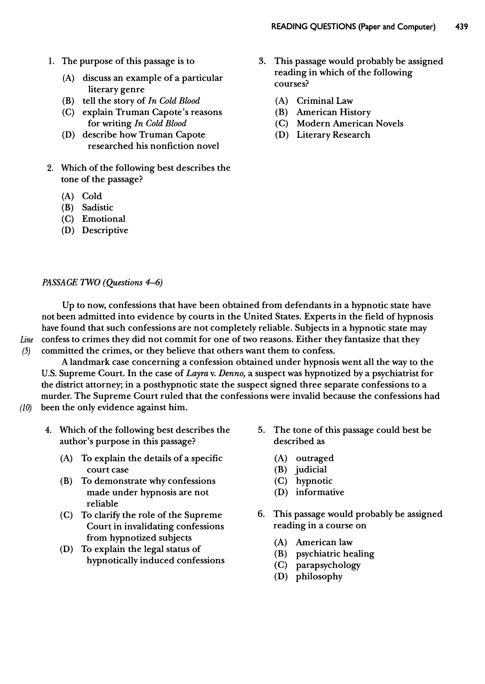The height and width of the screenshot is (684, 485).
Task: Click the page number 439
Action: point(461,27)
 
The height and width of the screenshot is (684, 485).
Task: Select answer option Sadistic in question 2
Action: point(98,207)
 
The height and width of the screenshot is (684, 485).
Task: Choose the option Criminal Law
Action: point(324,101)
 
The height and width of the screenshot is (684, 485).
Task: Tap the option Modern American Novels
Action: point(350,123)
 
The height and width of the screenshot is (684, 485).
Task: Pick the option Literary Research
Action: point(333,135)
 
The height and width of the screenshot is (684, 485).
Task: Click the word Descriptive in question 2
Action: point(105,230)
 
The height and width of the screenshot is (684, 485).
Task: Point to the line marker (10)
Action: point(26,408)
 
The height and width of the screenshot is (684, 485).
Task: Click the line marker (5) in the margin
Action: point(26,351)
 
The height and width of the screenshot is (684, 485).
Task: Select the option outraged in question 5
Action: point(315,458)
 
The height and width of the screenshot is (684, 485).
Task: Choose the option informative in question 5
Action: point(320,492)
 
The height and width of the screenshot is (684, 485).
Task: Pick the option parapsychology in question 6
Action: point(328,565)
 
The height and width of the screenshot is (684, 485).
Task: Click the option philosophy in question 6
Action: point(319,576)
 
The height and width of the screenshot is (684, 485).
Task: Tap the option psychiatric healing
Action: point(335,554)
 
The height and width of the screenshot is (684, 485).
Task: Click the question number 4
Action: point(48,430)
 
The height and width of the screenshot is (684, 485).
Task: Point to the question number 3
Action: point(262,61)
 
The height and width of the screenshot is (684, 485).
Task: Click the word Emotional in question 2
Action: point(104,219)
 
